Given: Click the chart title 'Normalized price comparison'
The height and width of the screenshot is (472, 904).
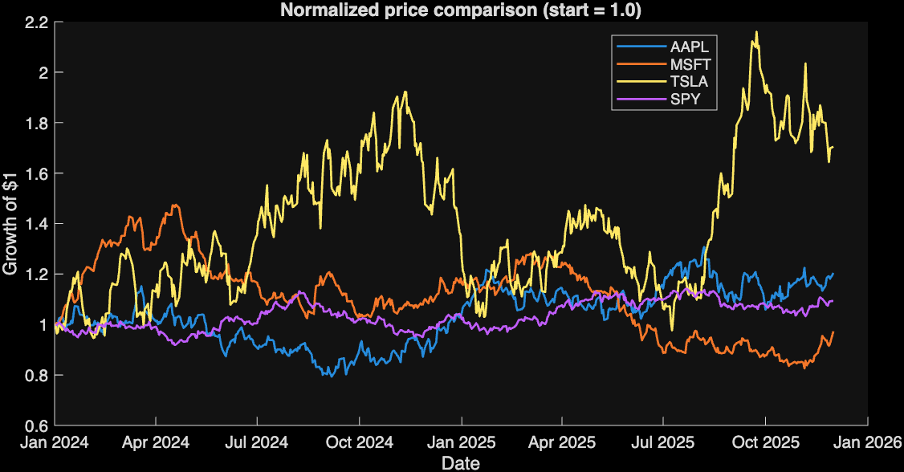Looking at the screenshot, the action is coord(409,10).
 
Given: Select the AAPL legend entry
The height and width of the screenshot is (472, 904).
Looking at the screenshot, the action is coord(663,47).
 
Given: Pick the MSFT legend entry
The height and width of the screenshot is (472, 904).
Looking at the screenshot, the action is coord(664,64).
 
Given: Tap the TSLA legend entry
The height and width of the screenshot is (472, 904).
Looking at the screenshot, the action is coord(662,81).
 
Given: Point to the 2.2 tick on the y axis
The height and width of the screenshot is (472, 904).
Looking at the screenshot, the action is coord(39,22).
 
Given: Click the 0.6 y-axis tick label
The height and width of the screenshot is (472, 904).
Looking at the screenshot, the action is coord(39,425).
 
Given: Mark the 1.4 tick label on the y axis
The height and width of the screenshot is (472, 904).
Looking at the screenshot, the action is coord(39,224).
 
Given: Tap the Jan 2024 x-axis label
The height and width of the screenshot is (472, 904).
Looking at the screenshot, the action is coord(55,442).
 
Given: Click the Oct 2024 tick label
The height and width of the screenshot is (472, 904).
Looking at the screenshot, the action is coord(359,442).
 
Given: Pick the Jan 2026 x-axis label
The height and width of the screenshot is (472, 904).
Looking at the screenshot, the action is coord(867,442).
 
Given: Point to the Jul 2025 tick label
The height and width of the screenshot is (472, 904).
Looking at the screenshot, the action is coord(663,442).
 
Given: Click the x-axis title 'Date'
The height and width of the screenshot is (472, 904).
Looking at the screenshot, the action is coord(461,463).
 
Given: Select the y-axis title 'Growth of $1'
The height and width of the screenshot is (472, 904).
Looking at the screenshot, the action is coord(10,224).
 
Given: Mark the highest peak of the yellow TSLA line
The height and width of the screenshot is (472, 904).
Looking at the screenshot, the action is coord(756,32).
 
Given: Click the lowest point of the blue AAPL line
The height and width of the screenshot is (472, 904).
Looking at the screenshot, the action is coord(331,376).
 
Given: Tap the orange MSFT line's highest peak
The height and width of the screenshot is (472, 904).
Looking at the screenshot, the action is coord(175,205).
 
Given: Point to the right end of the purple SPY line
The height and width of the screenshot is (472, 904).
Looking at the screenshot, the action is coord(833,301).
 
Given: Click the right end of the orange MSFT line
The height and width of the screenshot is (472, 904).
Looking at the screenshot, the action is coord(833,332).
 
